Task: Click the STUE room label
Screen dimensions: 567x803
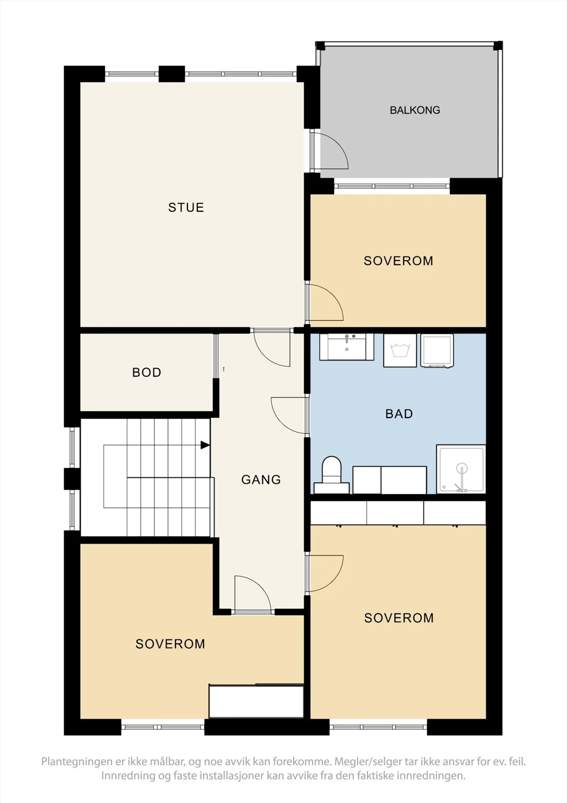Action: [186, 207]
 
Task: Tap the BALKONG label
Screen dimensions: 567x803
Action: [415, 110]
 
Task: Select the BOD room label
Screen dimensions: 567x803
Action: [146, 372]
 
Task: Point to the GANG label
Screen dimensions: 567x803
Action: [261, 480]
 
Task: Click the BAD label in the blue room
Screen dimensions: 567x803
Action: [399, 414]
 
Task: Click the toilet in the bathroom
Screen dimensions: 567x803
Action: [332, 475]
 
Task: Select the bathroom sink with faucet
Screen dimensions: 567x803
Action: [346, 347]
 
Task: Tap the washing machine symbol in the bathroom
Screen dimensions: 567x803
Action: [400, 351]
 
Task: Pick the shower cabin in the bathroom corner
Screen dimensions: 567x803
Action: [461, 469]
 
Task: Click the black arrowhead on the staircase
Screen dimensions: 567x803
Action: [205, 445]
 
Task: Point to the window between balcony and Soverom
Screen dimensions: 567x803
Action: [392, 186]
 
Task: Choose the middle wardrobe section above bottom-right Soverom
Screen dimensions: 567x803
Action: [395, 513]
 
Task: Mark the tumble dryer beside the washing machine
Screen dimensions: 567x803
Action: [437, 351]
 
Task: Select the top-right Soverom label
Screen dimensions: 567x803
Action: [398, 261]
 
